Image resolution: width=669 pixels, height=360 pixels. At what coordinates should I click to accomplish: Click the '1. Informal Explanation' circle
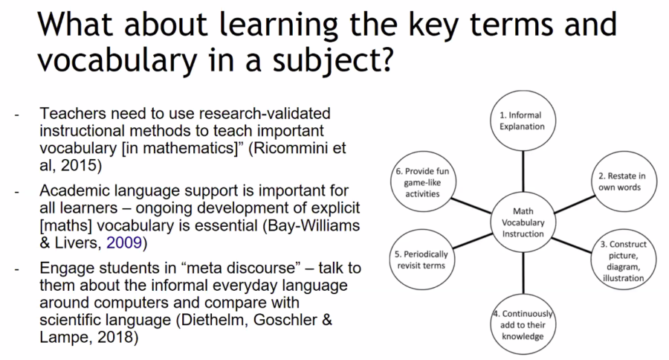[x=521, y=120]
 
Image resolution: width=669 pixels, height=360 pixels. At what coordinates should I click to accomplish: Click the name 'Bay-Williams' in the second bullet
[x=308, y=223]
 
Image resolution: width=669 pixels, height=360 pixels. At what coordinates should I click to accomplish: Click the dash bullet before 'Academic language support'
[x=17, y=191]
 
